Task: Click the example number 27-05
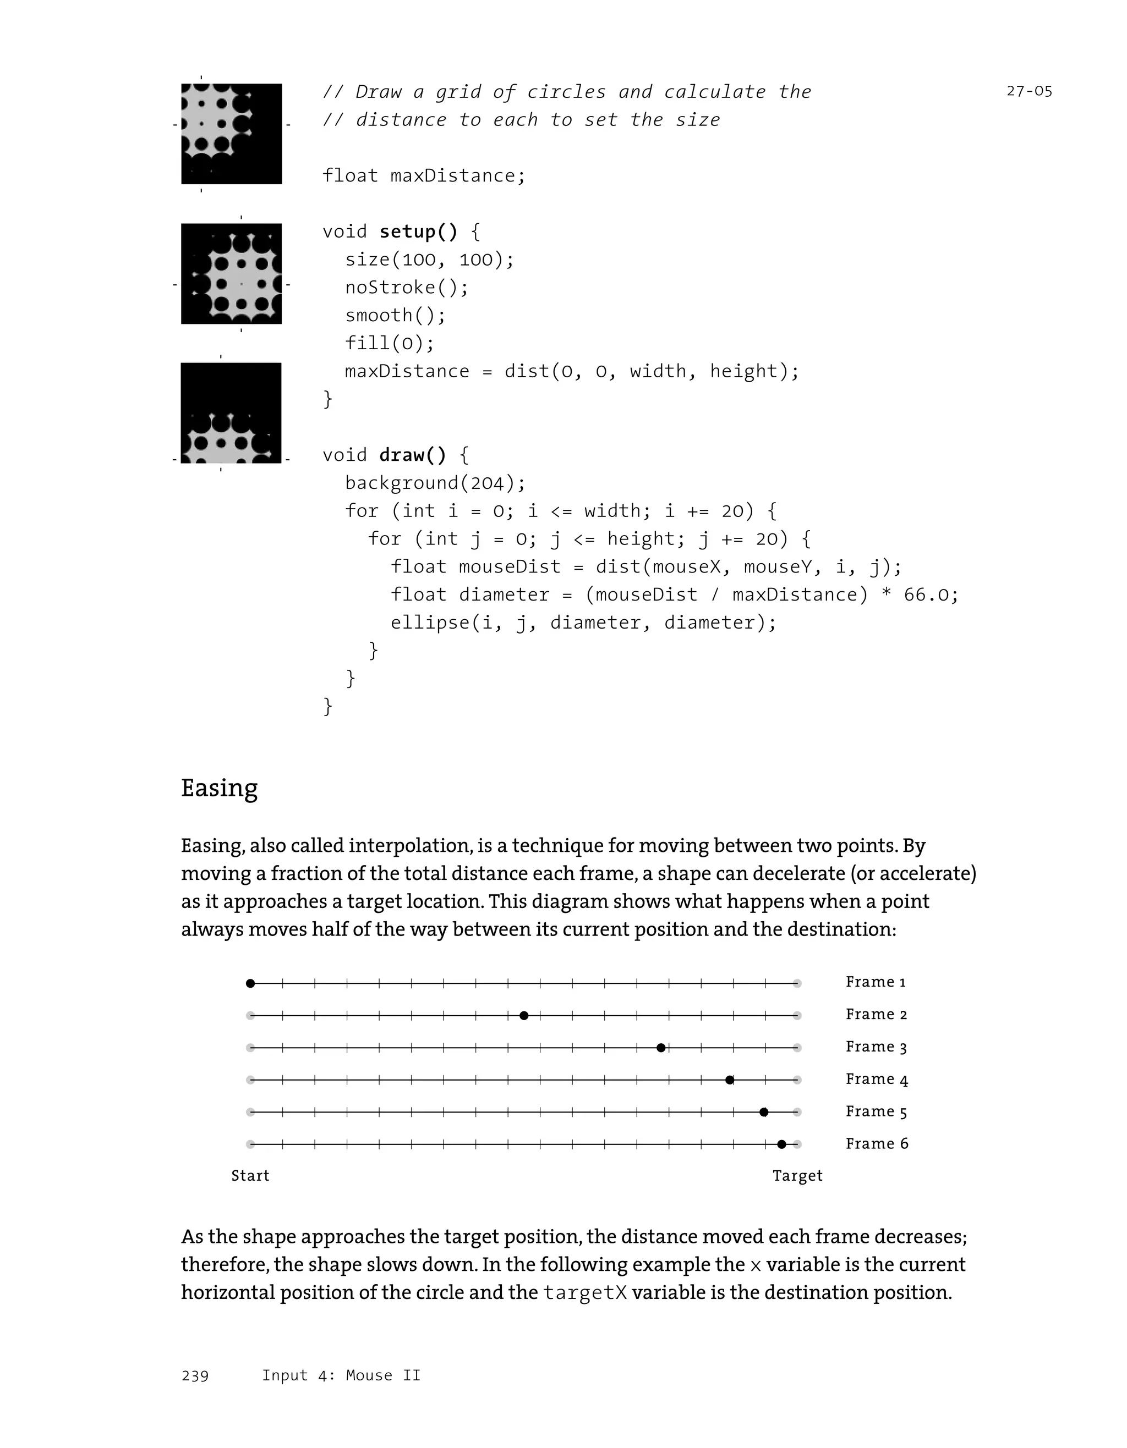pos(1029,91)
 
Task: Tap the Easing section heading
pos(219,788)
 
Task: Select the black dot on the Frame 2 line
pos(524,1016)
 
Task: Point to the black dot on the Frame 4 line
pos(730,1080)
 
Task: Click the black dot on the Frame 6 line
pos(781,1144)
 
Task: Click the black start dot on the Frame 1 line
pos(250,983)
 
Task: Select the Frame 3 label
pos(876,1047)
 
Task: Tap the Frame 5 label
pos(876,1112)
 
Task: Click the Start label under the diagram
pos(250,1176)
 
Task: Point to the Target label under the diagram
pos(797,1176)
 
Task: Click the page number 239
pos(195,1376)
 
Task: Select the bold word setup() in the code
pos(418,232)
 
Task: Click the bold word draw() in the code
pos(413,455)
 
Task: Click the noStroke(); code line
pos(407,288)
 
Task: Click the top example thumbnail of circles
pos(232,134)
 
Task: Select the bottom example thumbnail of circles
pos(231,413)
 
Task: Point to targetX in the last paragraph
pos(584,1293)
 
